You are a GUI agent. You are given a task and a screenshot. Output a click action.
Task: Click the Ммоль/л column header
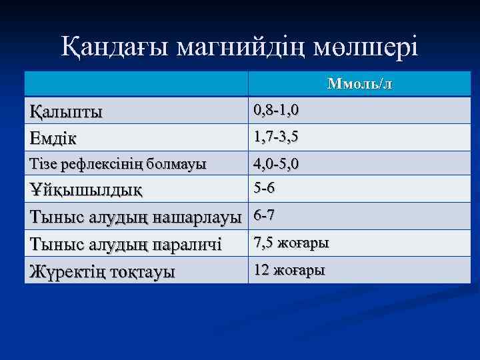(x=359, y=85)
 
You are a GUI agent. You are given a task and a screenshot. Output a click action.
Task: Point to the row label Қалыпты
(x=67, y=111)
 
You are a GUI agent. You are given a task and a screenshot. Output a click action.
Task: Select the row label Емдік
(x=53, y=139)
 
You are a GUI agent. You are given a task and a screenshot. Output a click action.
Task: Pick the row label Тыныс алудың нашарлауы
(x=136, y=217)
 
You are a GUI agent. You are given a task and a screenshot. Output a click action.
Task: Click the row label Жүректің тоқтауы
(x=103, y=271)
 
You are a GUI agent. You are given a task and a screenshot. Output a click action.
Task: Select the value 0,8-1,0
(x=275, y=110)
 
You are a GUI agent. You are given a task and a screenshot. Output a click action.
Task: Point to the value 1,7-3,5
(x=275, y=137)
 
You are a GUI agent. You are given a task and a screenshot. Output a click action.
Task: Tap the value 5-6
(x=264, y=189)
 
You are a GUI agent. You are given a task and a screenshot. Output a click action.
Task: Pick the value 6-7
(x=264, y=216)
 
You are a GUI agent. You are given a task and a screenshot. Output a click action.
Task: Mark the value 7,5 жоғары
(x=290, y=243)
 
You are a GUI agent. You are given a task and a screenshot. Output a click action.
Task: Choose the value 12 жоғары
(x=288, y=270)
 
